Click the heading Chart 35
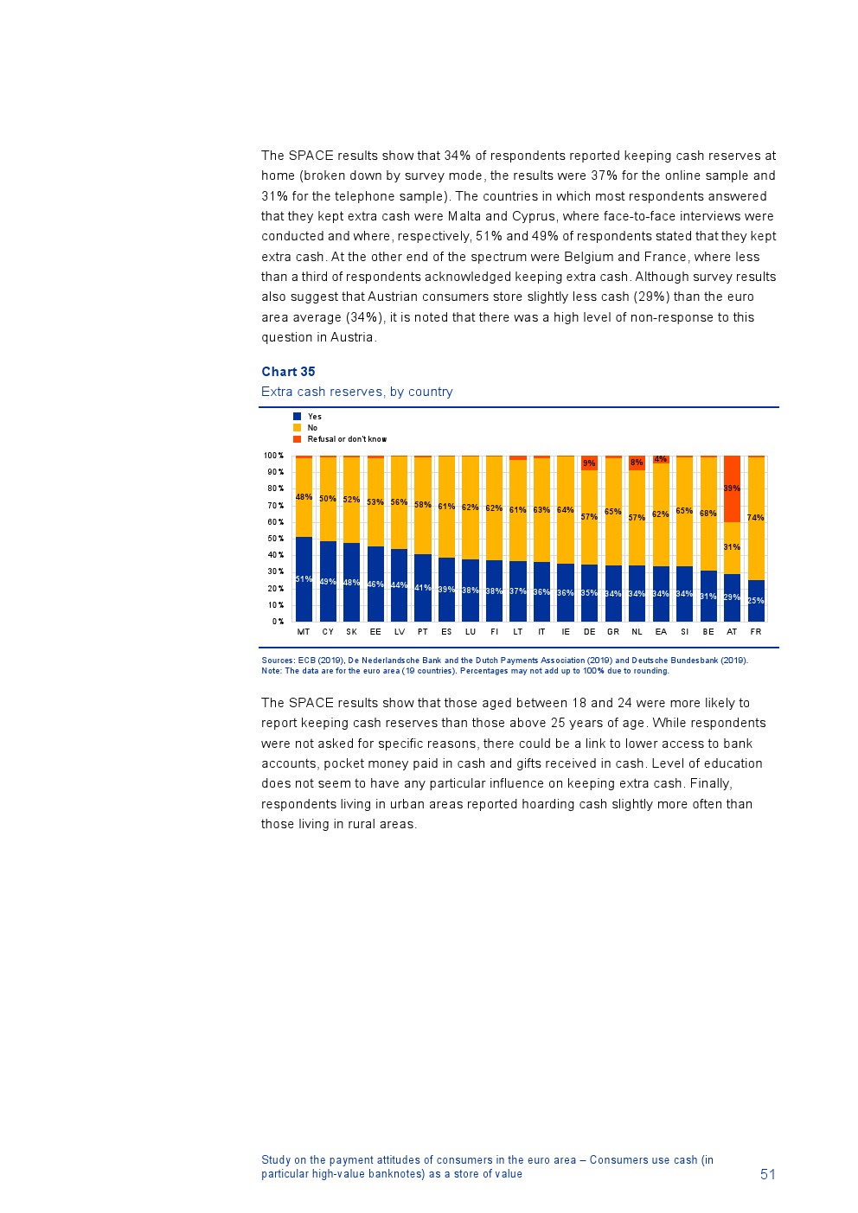(288, 372)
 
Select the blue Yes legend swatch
(298, 417)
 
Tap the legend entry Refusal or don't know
(347, 439)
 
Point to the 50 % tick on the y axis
(274, 539)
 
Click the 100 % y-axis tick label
(273, 456)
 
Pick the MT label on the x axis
(304, 632)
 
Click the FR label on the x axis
(756, 632)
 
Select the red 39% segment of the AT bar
(732, 488)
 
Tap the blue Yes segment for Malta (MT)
(304, 579)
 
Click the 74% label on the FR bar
(756, 518)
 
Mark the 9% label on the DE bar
(589, 463)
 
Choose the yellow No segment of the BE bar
(708, 514)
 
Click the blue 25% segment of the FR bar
(756, 601)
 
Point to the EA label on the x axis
(661, 632)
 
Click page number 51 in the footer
(768, 1174)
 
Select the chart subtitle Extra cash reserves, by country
(357, 392)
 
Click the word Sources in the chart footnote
(278, 661)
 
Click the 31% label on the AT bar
(732, 547)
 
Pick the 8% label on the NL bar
(637, 463)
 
